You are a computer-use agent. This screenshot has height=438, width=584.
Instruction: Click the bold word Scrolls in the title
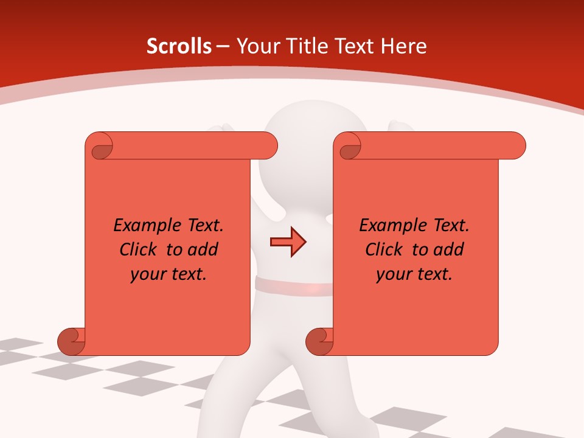pyautogui.click(x=179, y=46)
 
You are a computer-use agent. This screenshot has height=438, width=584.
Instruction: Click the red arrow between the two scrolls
pyautogui.click(x=288, y=242)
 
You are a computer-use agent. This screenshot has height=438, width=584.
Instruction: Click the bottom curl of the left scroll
pyautogui.click(x=71, y=341)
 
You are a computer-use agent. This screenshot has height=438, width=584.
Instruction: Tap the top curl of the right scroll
pyautogui.click(x=348, y=146)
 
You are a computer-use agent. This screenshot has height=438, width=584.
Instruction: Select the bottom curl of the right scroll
pyautogui.click(x=319, y=341)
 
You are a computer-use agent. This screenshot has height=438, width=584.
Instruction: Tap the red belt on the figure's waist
pyautogui.click(x=292, y=285)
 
